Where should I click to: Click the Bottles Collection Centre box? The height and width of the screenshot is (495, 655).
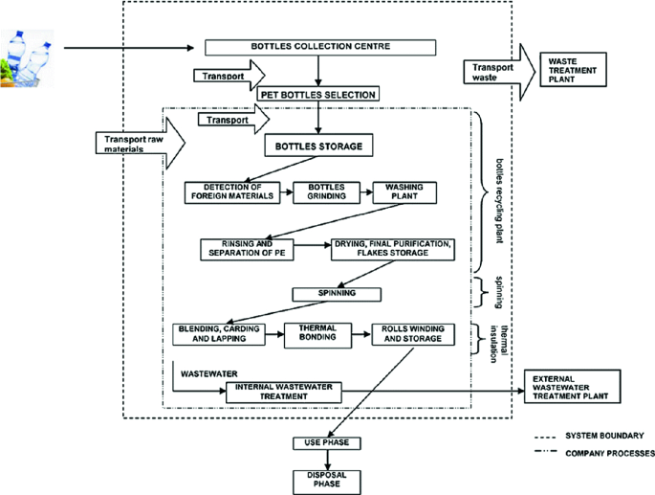[321, 47]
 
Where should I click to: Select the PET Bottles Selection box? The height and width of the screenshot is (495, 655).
[317, 94]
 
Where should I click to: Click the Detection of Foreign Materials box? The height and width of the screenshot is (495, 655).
[233, 191]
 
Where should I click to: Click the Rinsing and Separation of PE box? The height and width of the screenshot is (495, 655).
[247, 248]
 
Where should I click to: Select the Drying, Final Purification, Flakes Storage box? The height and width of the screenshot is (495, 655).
[391, 248]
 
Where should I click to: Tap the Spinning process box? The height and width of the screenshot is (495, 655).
[336, 293]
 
